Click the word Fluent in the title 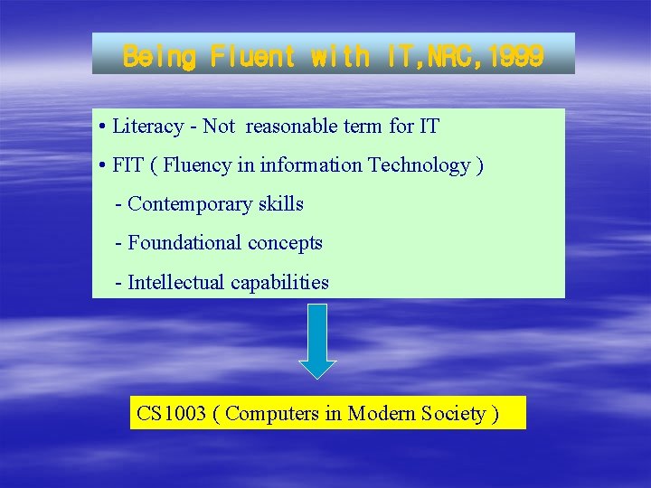253,56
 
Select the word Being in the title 159,56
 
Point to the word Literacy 147,126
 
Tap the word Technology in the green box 420,164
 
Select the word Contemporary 184,203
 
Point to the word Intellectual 176,282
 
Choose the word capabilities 279,282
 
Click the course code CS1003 171,413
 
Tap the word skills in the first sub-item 280,203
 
